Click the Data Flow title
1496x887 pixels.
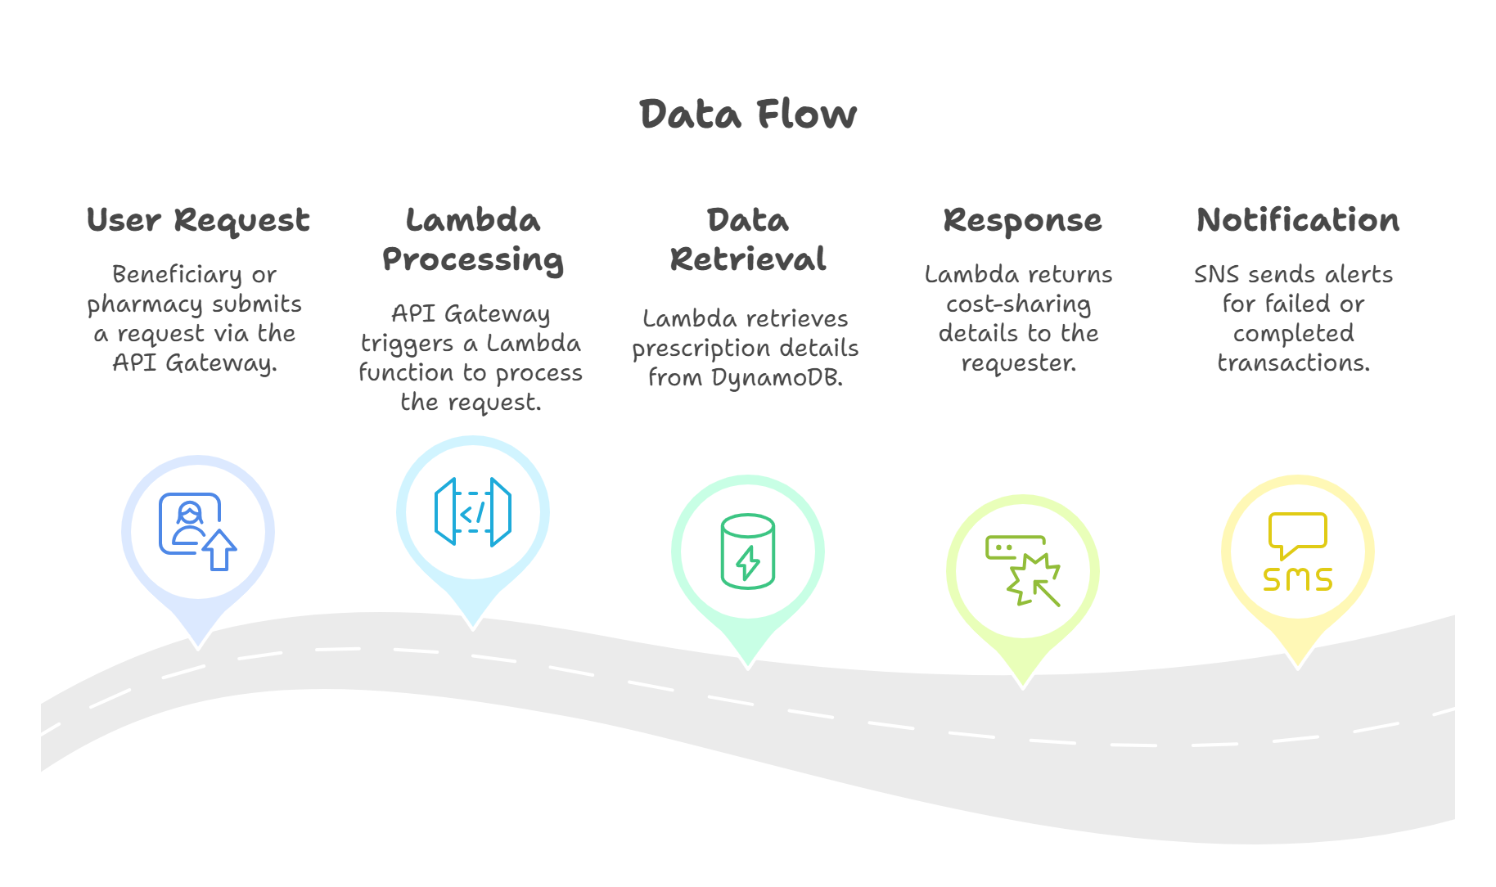pyautogui.click(x=747, y=114)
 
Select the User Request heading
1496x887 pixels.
pyautogui.click(x=198, y=220)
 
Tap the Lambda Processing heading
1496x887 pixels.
pyautogui.click(x=472, y=240)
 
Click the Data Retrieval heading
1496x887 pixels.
pyautogui.click(x=747, y=240)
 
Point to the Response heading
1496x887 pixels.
pyautogui.click(x=1021, y=220)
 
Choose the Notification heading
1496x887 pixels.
pyautogui.click(x=1297, y=220)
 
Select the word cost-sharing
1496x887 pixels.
pyautogui.click(x=1018, y=304)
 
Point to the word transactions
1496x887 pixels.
pyautogui.click(x=1292, y=362)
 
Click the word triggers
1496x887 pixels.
pyautogui.click(x=407, y=344)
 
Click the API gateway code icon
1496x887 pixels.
pyautogui.click(x=472, y=512)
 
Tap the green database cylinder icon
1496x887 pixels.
pyautogui.click(x=747, y=551)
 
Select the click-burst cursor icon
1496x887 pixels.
pyautogui.click(x=1023, y=570)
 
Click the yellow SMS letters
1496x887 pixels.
pyautogui.click(x=1297, y=579)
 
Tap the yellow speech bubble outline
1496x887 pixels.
pyautogui.click(x=1297, y=533)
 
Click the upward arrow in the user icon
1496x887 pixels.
pyautogui.click(x=219, y=549)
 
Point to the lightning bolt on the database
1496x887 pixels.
pyautogui.click(x=748, y=562)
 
